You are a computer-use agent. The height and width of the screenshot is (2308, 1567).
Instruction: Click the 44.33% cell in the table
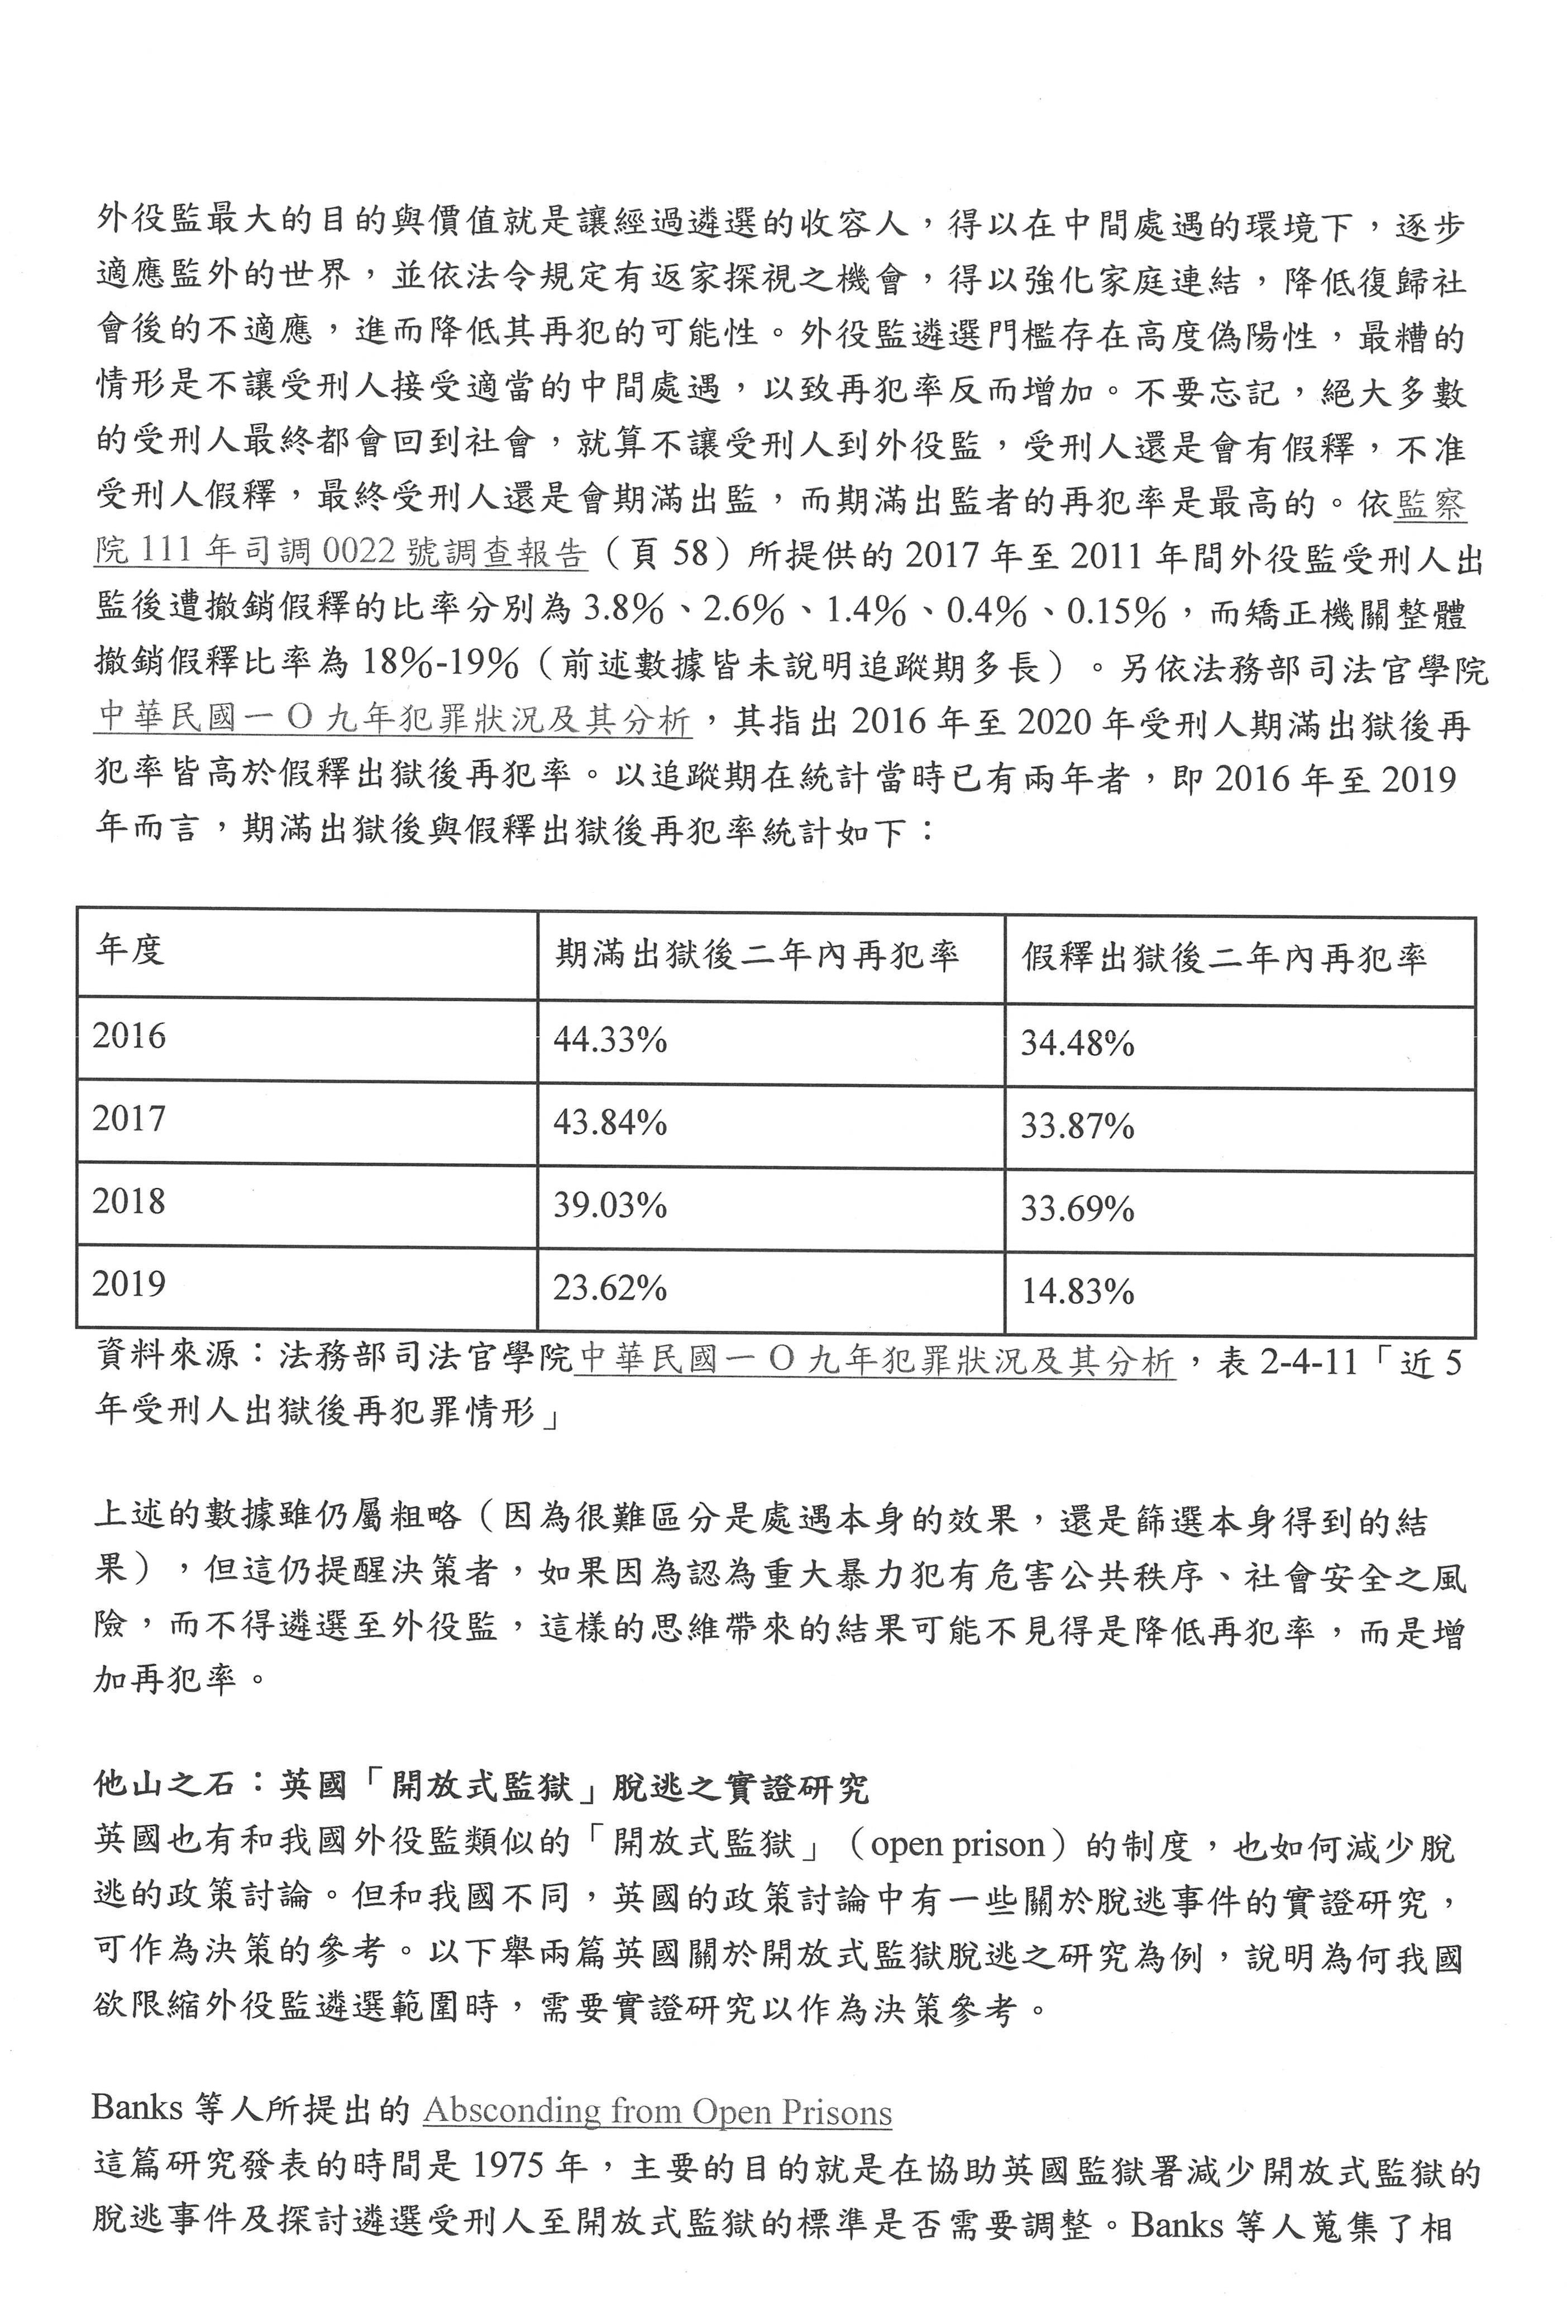coord(610,1040)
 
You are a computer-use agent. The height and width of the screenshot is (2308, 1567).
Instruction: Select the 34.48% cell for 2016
coord(1077,1044)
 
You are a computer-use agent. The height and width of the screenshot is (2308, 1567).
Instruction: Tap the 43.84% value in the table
coord(610,1123)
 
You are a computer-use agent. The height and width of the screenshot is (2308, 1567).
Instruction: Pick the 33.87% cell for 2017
coord(1077,1126)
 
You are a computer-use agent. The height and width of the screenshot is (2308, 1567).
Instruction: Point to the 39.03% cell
coord(610,1206)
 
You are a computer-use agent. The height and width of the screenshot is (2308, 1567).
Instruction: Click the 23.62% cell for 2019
coord(610,1288)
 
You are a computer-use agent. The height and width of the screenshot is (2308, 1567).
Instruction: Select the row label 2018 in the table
coord(129,1202)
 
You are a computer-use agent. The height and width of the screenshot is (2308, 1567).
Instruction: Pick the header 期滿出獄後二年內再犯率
coord(757,955)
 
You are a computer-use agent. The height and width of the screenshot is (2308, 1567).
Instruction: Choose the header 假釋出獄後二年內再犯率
coord(1225,958)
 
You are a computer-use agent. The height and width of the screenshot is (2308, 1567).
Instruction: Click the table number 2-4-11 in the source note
coord(1308,1360)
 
